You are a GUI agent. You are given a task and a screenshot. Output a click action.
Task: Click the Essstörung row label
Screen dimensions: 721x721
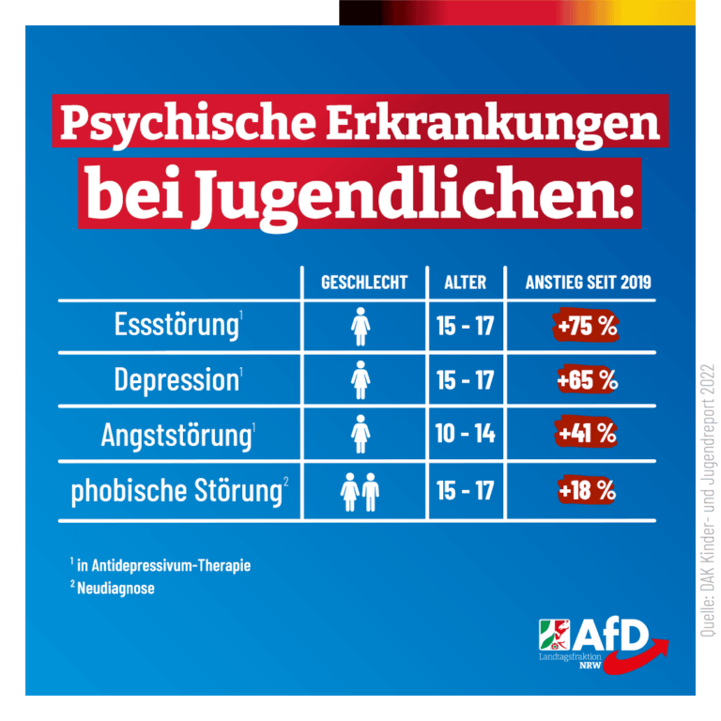click(x=176, y=326)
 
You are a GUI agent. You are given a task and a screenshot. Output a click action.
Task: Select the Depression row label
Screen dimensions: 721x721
click(x=176, y=379)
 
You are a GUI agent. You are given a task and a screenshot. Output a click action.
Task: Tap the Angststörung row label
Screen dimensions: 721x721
click(x=176, y=434)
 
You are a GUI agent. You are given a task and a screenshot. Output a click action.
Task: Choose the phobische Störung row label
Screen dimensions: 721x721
click(x=176, y=489)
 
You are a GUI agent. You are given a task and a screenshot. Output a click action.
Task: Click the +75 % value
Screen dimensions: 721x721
click(x=585, y=327)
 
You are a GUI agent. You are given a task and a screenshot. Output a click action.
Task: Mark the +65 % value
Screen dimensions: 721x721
click(x=586, y=380)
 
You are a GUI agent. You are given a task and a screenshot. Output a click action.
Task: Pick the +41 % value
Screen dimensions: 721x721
click(x=586, y=434)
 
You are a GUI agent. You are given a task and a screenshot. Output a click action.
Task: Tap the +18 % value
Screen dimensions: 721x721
click(x=586, y=489)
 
